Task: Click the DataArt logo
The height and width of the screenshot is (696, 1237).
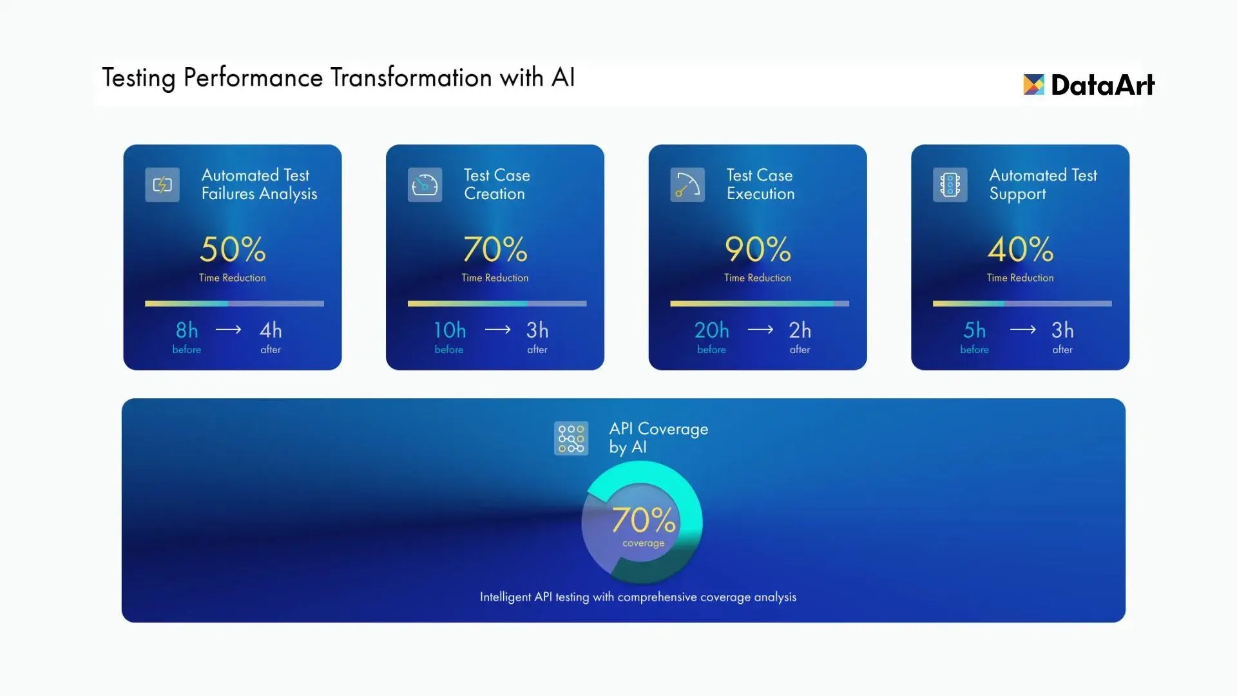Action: pyautogui.click(x=1089, y=84)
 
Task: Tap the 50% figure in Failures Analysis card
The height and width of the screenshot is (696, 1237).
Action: pyautogui.click(x=233, y=249)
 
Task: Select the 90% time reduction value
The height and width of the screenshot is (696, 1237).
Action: pyautogui.click(x=758, y=249)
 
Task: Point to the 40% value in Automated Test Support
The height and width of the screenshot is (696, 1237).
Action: pyautogui.click(x=1021, y=249)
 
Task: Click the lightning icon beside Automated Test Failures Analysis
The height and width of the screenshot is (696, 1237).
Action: pyautogui.click(x=162, y=185)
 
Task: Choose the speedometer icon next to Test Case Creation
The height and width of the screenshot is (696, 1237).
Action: pyautogui.click(x=425, y=185)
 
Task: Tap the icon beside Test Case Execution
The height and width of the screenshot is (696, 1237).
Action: pyautogui.click(x=687, y=185)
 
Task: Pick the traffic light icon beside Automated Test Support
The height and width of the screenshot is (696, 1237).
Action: pyautogui.click(x=950, y=185)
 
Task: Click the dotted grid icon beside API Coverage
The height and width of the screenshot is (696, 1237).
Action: pyautogui.click(x=571, y=438)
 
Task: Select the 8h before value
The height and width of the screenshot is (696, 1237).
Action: pyautogui.click(x=187, y=330)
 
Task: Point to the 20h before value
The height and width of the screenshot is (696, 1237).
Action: pyautogui.click(x=712, y=330)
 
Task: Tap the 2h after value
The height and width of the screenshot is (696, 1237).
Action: pyautogui.click(x=800, y=330)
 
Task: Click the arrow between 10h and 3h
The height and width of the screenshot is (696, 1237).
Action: pyautogui.click(x=497, y=330)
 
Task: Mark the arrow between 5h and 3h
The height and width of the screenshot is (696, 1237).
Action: pyautogui.click(x=1023, y=330)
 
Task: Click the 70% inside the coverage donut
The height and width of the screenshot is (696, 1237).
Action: pyautogui.click(x=644, y=519)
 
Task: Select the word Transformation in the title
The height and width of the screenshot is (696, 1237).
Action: pyautogui.click(x=412, y=77)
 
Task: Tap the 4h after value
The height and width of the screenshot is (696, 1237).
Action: pyautogui.click(x=271, y=330)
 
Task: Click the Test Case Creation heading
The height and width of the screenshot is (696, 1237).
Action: pyautogui.click(x=497, y=184)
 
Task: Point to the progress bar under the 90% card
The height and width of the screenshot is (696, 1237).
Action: pyautogui.click(x=760, y=304)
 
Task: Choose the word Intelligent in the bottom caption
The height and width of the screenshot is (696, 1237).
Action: pyautogui.click(x=506, y=597)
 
